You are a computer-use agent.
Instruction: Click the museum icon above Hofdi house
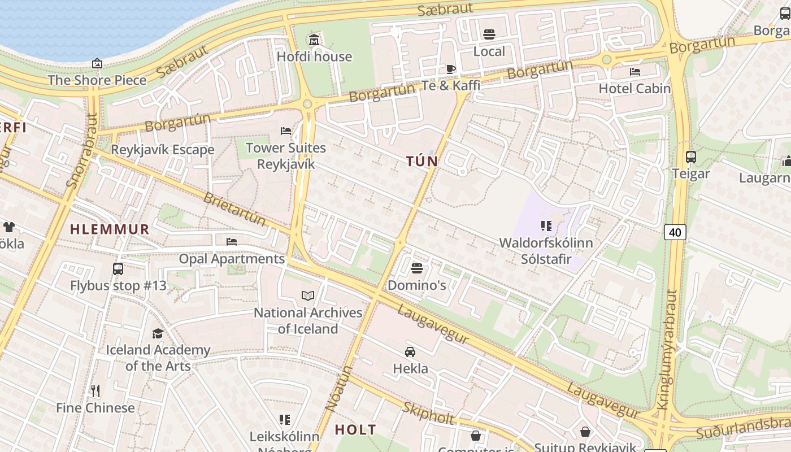[x=314, y=40]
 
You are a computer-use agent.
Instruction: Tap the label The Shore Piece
[x=97, y=80]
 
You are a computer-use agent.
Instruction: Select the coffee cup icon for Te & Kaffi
[x=450, y=69]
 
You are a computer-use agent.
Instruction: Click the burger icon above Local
[x=489, y=34]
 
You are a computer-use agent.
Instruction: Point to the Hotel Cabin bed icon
[x=635, y=72]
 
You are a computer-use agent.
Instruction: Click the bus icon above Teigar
[x=690, y=157]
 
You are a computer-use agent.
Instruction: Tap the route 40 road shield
[x=675, y=232]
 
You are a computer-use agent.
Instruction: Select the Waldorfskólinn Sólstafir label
[x=546, y=251]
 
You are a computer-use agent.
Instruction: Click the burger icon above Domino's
[x=417, y=268]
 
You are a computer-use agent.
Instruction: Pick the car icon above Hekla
[x=410, y=351]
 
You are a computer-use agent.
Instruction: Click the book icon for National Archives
[x=307, y=295]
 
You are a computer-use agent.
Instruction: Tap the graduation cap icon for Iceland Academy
[x=158, y=333]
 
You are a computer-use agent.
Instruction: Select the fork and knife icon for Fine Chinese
[x=95, y=390]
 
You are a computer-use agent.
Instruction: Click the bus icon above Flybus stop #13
[x=118, y=268]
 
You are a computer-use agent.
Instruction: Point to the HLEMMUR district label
[x=110, y=229]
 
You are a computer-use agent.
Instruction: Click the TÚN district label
[x=422, y=161]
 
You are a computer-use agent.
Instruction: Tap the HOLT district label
[x=355, y=429]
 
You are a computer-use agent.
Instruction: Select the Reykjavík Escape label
[x=163, y=150]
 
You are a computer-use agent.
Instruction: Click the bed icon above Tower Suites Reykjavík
[x=286, y=131]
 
